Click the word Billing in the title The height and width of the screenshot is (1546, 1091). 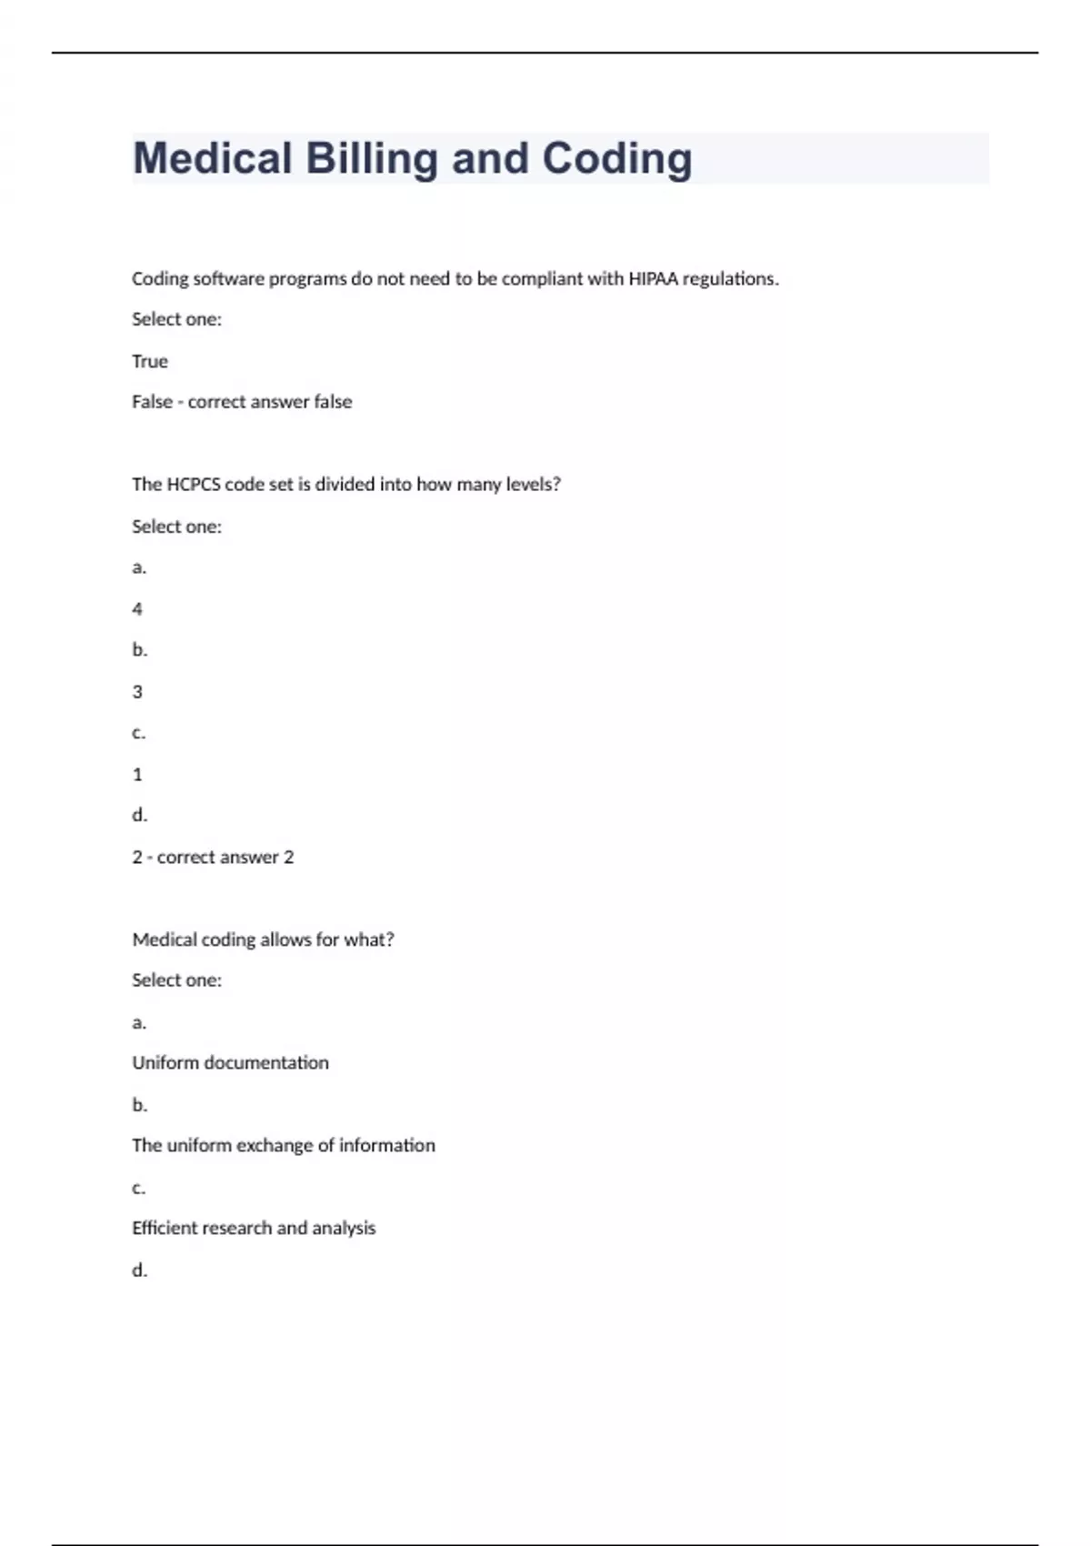coord(372,159)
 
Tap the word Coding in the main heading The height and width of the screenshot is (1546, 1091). coord(617,159)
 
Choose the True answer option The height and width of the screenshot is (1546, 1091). coord(150,362)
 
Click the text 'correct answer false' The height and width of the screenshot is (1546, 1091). coord(270,402)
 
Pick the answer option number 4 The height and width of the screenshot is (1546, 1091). coord(137,609)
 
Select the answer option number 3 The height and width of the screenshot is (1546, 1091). coord(137,692)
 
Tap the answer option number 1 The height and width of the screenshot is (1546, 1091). coord(137,775)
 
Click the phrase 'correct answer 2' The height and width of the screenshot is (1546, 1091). coord(225,858)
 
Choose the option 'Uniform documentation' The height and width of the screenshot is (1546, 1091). coord(230,1063)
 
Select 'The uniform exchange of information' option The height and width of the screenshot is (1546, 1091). coord(284,1146)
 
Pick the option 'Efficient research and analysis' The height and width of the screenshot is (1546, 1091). coord(254,1229)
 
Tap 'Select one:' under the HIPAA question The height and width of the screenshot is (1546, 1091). coord(176,320)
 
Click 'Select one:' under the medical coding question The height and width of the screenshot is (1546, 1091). coord(176,980)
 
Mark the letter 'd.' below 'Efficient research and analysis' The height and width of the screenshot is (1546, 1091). coord(139,1270)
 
